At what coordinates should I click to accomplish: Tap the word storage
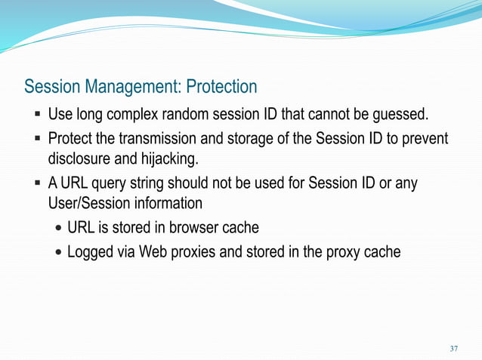(243, 140)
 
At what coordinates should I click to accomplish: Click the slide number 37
(453, 349)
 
